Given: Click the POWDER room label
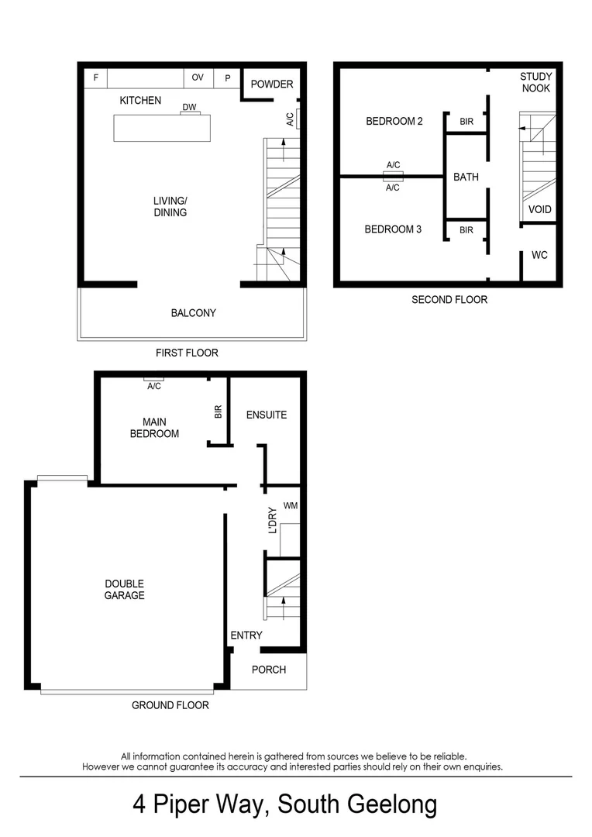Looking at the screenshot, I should point(272,84).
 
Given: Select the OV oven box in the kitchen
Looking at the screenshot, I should point(198,77).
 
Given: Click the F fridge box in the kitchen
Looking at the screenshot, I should point(96,77).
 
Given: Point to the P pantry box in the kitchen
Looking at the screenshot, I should point(228,77).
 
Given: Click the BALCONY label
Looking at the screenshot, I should point(193,313).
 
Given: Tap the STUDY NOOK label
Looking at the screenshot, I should point(535,82).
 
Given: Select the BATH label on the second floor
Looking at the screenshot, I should point(466,177).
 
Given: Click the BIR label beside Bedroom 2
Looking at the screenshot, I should point(466,122).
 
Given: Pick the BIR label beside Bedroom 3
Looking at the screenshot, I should point(466,229).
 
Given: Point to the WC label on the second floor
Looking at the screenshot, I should point(539,255).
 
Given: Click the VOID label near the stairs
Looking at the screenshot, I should point(539,209).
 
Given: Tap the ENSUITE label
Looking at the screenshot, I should point(267,415).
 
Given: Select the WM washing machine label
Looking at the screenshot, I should point(291,505).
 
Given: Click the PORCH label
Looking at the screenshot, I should point(269,670).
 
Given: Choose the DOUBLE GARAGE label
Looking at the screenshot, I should point(125,589).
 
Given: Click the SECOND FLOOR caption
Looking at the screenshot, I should point(449,299).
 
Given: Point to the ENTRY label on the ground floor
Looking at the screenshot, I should point(246,635).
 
